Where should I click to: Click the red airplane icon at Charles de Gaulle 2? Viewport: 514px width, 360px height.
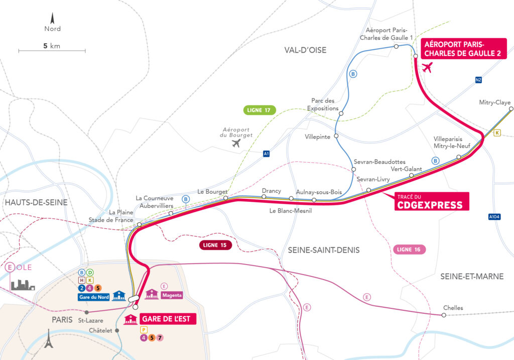click(428, 68)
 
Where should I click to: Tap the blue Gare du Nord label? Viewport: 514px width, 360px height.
click(94, 297)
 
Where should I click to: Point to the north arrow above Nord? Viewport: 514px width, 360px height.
click(52, 19)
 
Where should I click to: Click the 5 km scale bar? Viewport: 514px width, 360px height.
click(52, 50)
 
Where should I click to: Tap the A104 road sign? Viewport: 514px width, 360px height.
click(494, 217)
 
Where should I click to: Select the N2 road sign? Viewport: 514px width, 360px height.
click(478, 79)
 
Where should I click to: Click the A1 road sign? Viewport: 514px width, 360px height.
click(266, 154)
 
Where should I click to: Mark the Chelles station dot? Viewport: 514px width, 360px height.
click(443, 315)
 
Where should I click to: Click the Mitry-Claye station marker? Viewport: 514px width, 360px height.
click(510, 108)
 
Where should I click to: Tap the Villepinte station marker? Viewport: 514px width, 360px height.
click(336, 136)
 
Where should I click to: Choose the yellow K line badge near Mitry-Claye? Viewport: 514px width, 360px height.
click(497, 133)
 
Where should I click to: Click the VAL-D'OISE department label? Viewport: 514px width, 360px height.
click(305, 50)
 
